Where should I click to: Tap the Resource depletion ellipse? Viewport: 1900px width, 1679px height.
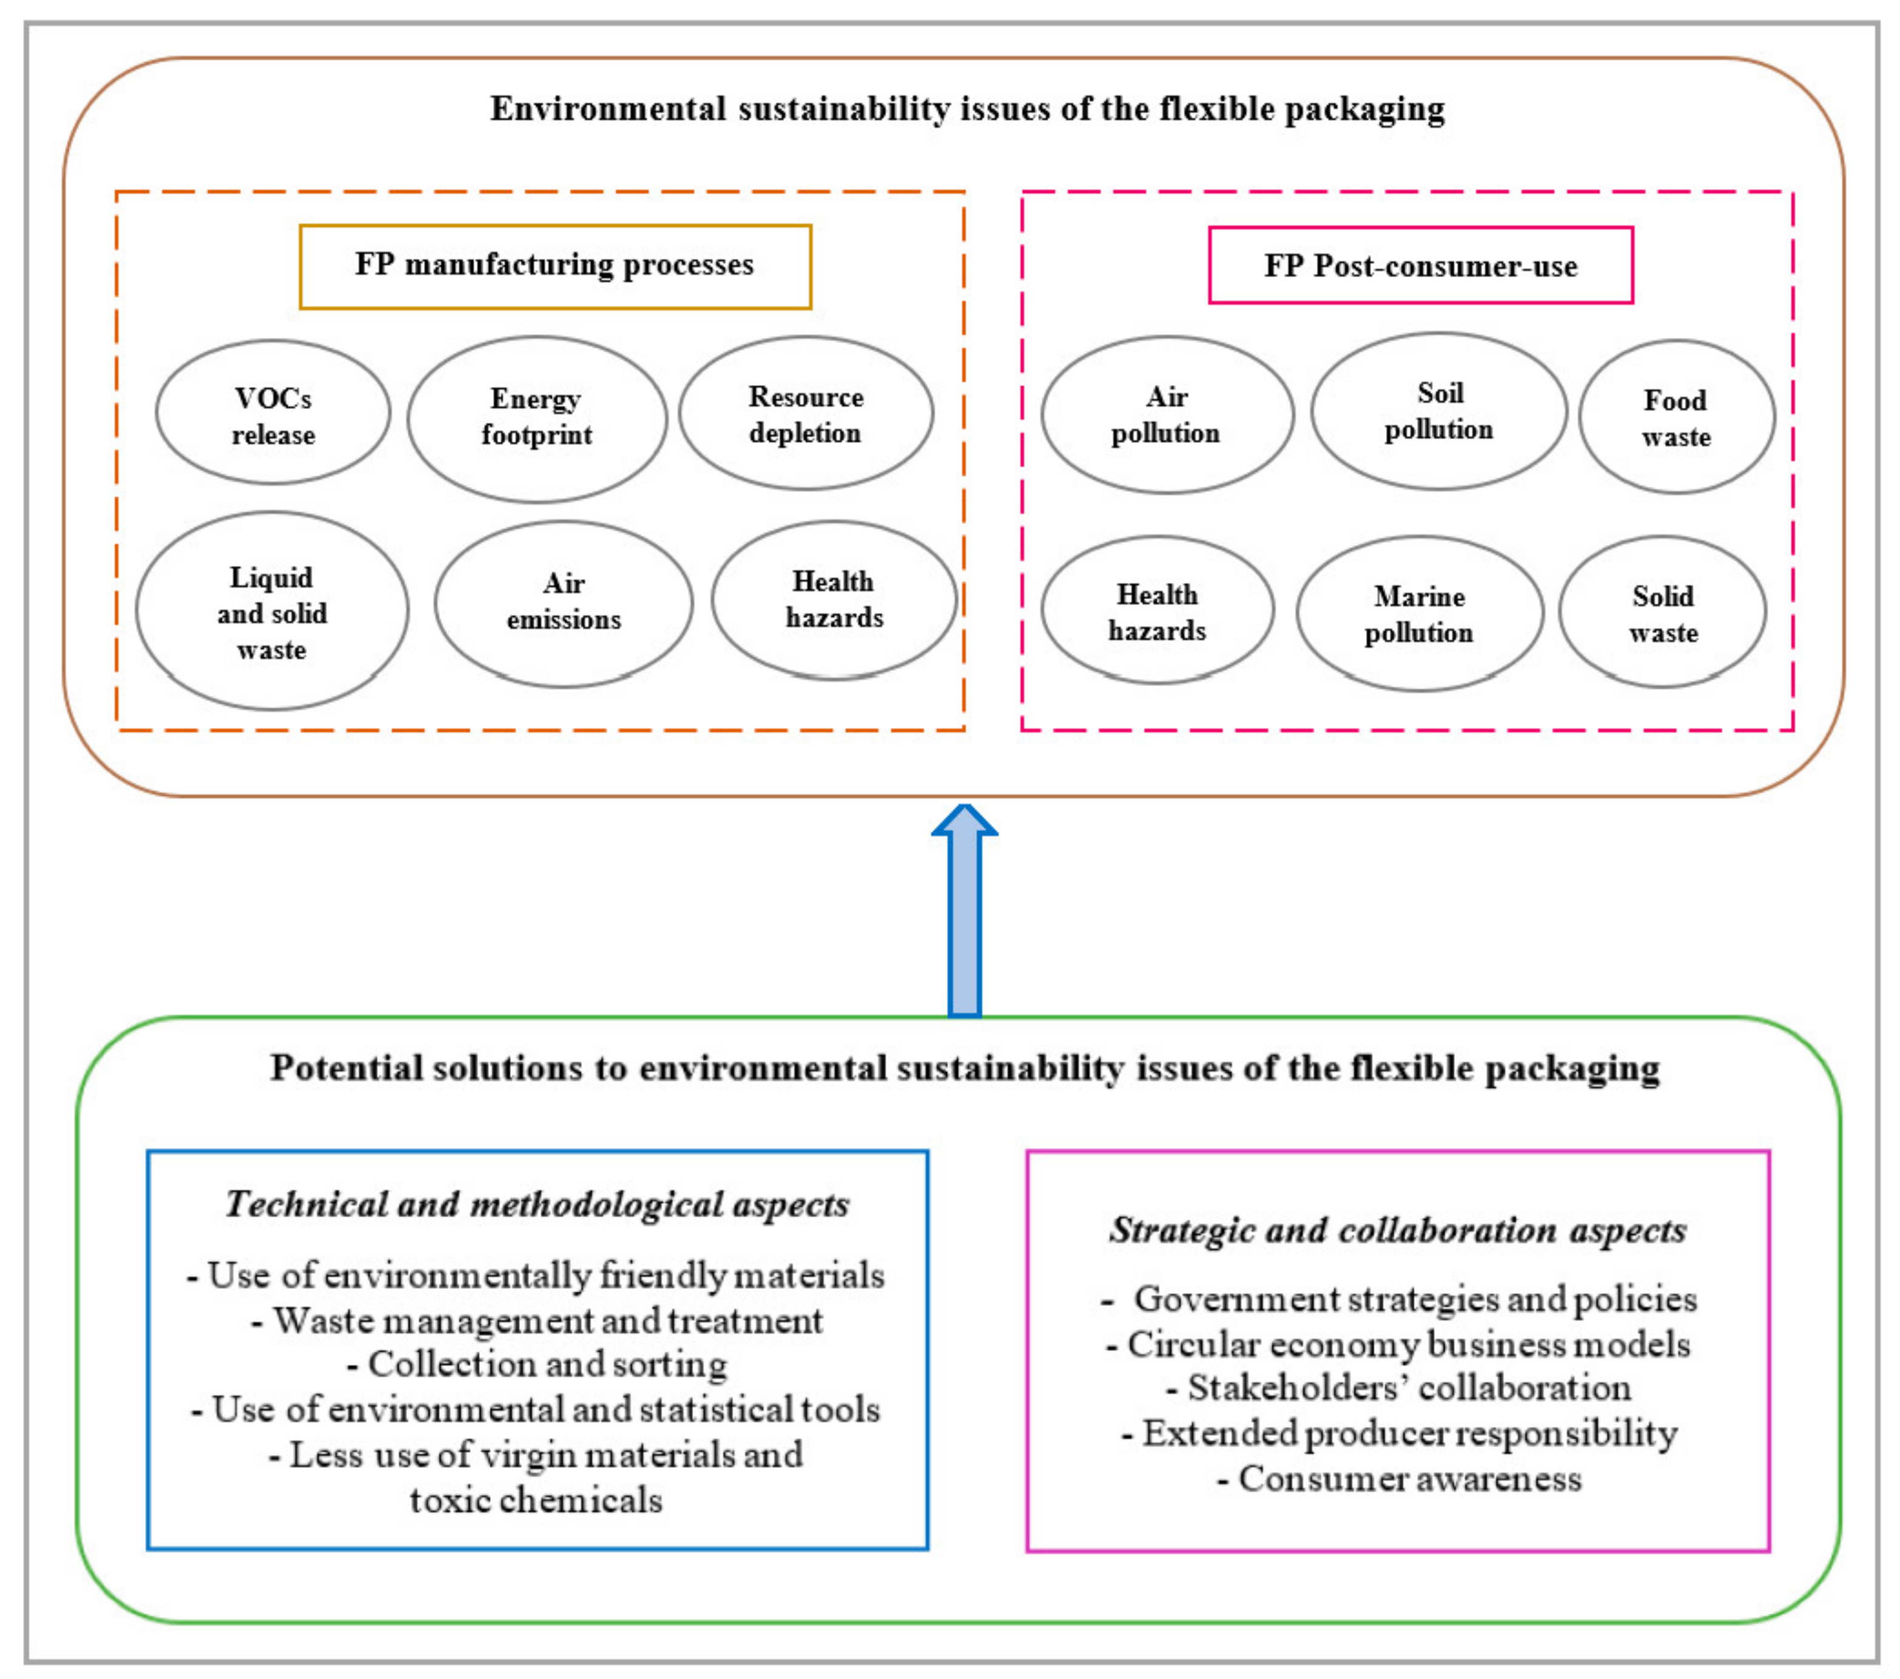coord(806,414)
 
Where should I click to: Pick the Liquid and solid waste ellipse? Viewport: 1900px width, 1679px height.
coord(271,611)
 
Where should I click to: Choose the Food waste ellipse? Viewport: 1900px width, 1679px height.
coord(1676,417)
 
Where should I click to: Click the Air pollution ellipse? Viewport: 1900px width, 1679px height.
coord(1167,415)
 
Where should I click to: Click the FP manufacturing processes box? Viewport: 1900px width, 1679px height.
coord(555,266)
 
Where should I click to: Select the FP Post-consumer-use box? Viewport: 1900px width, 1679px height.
coord(1420,266)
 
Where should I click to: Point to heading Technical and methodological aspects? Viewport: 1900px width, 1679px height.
coord(537,1205)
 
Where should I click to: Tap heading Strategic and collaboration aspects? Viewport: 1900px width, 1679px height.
coord(1397,1230)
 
